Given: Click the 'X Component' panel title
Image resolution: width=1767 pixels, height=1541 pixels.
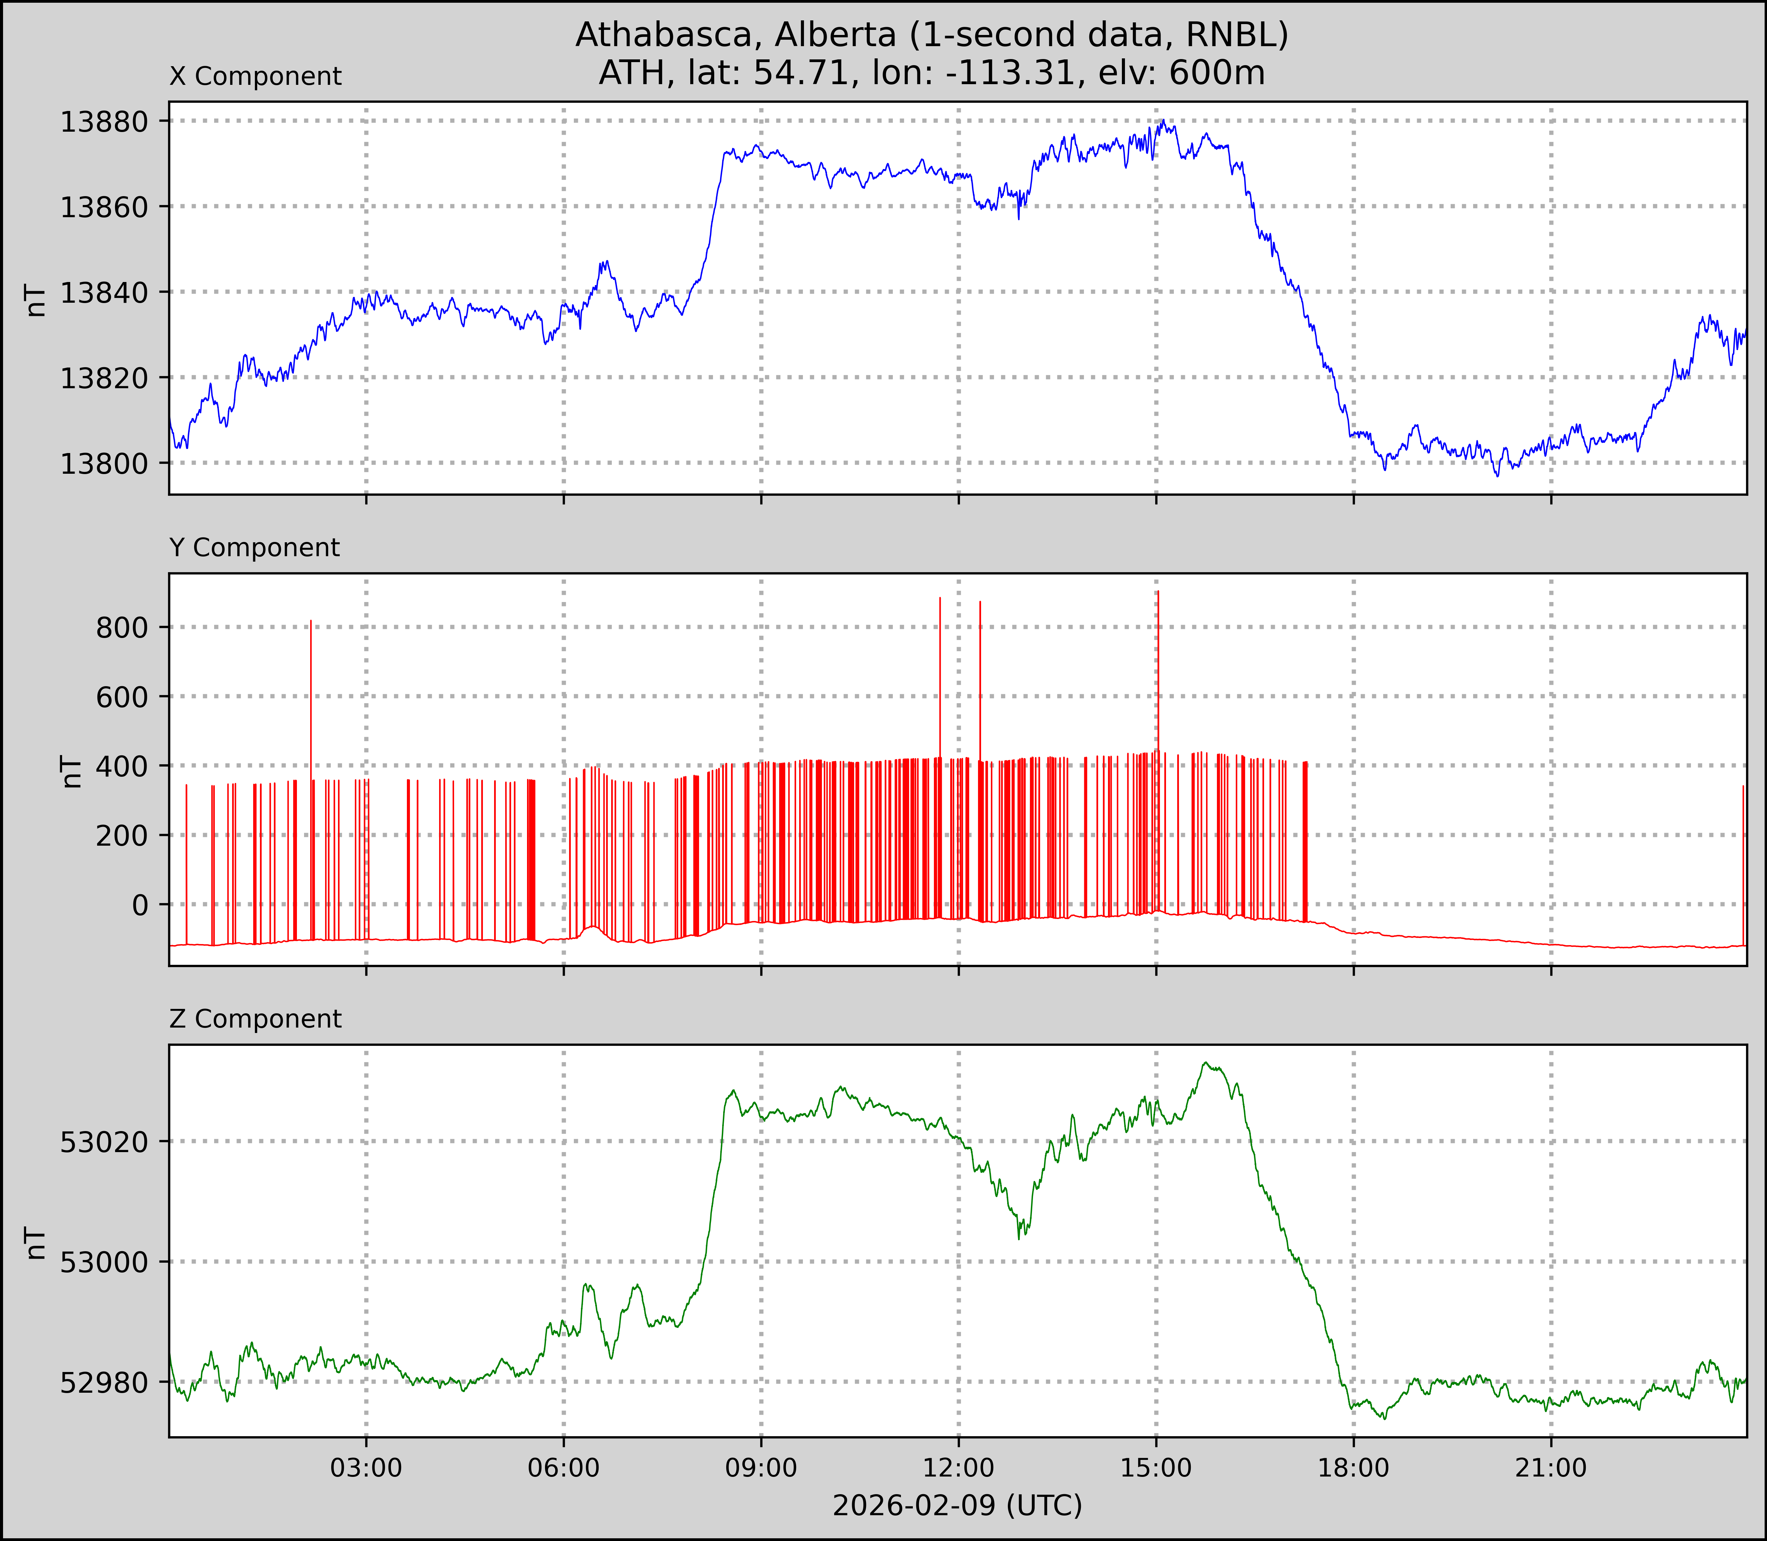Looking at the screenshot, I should (x=256, y=77).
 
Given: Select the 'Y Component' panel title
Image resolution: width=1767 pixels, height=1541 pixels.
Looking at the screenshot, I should (x=255, y=548).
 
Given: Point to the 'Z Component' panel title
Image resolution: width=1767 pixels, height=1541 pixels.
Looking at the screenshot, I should (x=256, y=1019).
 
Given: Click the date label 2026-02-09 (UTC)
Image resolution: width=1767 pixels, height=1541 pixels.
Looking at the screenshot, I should (x=957, y=1506).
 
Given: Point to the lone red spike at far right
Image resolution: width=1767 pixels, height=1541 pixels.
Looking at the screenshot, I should (x=1743, y=787).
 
